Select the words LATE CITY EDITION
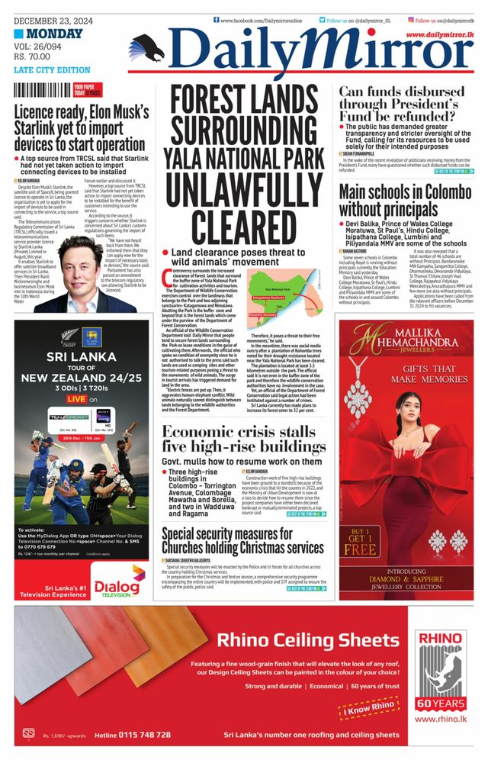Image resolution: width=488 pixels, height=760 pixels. click(52, 70)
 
